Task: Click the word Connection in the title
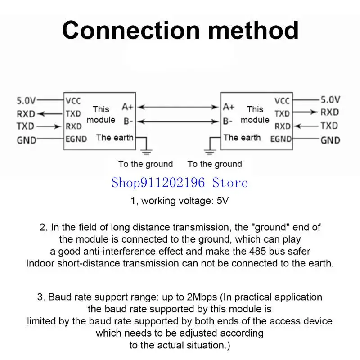pos(131,30)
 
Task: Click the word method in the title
pos(253,30)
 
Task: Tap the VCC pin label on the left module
pos(73,101)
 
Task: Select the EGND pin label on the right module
pos(281,139)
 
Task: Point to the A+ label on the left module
pos(127,107)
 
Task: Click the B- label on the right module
pos(228,121)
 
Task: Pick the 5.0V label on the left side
pos(26,100)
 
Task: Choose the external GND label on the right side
pos(330,140)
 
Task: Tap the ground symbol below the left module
pos(146,152)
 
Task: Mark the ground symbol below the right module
pos(210,152)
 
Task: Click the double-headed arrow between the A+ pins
pos(178,107)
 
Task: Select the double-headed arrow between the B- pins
pos(178,121)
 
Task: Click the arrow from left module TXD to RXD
pos(49,114)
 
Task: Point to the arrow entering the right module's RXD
pos(306,126)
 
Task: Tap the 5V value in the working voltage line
pos(222,201)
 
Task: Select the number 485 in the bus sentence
pos(257,252)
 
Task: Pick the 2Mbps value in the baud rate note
pos(202,297)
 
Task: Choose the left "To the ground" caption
pos(145,164)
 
